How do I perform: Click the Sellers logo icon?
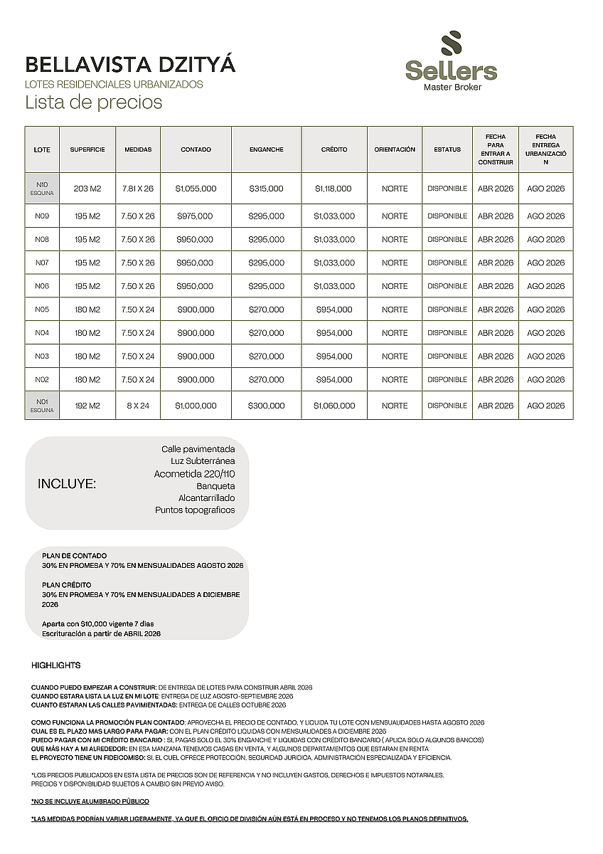[451, 45]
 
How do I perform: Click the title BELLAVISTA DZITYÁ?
[130, 65]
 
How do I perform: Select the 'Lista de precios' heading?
[94, 102]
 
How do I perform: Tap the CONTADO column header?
[196, 150]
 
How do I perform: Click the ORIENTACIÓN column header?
[395, 150]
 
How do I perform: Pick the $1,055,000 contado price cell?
[196, 189]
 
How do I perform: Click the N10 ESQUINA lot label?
[42, 189]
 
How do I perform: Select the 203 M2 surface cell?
[87, 189]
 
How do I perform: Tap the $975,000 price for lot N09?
[196, 216]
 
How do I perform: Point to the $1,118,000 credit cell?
[333, 189]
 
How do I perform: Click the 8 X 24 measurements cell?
[138, 406]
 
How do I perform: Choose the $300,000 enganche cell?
[266, 406]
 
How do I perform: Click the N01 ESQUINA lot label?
[42, 406]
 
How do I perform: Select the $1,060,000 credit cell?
[333, 406]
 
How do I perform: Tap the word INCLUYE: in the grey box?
[66, 484]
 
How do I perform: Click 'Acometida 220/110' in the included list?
[194, 474]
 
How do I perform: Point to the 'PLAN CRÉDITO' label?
[67, 585]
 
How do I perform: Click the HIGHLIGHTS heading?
[56, 665]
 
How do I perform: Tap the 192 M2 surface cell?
[87, 406]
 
